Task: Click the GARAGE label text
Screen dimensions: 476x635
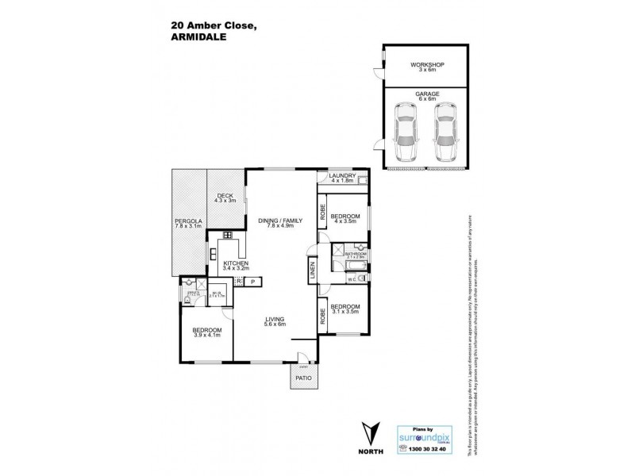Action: (425, 93)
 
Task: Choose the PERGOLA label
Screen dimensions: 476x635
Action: (189, 221)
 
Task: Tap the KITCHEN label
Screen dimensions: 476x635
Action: (236, 263)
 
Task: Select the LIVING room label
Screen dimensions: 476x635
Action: (275, 318)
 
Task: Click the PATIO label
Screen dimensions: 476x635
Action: (303, 378)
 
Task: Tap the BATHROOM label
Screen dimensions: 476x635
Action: (355, 254)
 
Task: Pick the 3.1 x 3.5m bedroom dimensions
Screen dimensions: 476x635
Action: (345, 312)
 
